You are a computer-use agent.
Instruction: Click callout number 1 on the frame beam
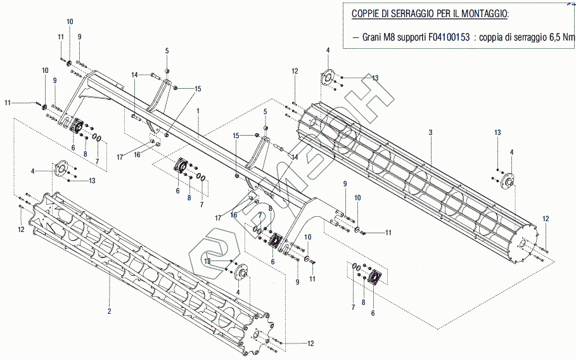click(198, 110)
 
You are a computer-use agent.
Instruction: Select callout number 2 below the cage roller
click(109, 311)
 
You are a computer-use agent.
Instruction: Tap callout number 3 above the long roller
click(430, 132)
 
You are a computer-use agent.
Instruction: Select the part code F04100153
click(449, 37)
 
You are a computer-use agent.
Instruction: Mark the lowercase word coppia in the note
click(491, 37)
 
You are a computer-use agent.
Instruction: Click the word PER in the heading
click(444, 13)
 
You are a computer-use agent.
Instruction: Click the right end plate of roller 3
click(522, 243)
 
